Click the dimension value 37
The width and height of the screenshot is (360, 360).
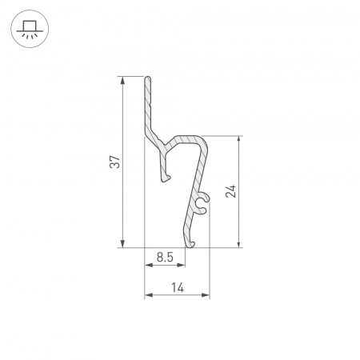point(115,162)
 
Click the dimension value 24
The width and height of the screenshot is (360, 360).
point(231,191)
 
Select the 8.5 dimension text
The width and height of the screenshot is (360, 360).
point(165,258)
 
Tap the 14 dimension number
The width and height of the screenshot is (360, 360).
point(178,288)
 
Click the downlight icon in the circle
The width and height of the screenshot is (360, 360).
point(30,29)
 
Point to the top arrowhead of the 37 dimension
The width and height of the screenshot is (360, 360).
point(122,80)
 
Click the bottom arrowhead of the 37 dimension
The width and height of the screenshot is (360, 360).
point(122,244)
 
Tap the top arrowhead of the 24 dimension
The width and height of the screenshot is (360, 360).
point(239,140)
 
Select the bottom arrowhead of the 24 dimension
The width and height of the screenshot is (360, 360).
point(239,244)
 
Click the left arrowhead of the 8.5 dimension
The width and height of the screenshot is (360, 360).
point(149,265)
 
